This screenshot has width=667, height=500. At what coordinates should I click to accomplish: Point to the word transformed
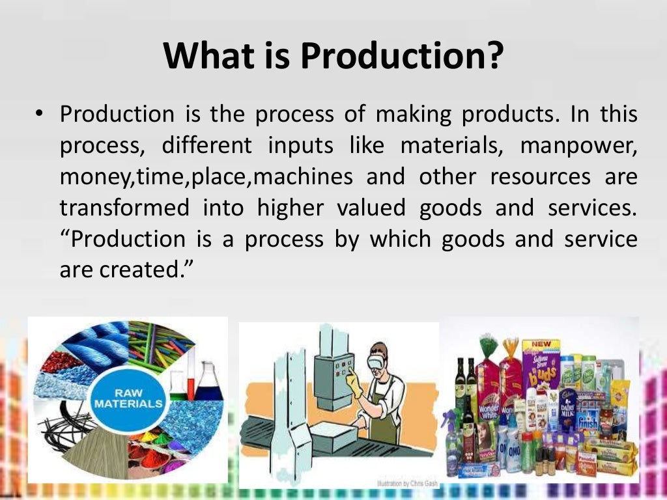coord(124,208)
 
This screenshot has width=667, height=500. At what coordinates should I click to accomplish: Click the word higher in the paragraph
coord(290,208)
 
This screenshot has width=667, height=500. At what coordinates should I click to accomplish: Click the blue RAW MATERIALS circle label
coord(128,398)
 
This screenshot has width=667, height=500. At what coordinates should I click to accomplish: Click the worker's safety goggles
coord(378,358)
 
